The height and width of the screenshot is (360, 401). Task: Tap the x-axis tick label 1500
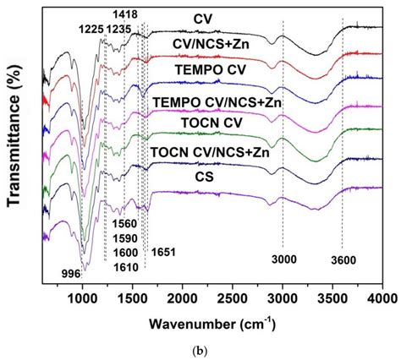point(132,298)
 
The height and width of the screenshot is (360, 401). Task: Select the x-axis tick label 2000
point(182,298)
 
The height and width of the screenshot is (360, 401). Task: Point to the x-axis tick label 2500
point(232,298)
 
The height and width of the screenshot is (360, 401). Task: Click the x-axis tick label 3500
point(332,298)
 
